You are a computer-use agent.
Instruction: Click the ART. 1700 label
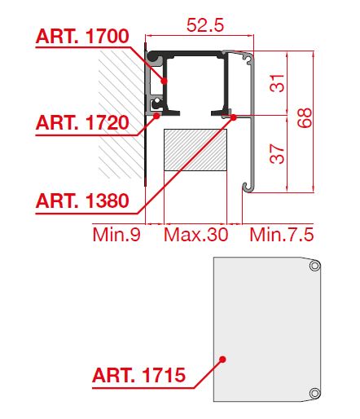(x=82, y=36)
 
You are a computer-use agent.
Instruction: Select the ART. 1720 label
(x=82, y=122)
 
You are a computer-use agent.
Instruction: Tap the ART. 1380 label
(x=82, y=201)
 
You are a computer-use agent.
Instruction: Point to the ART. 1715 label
(x=138, y=375)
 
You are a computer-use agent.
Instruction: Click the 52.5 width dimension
(x=205, y=25)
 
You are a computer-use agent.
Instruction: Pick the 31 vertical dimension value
(x=277, y=83)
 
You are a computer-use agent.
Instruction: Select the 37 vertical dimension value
(x=277, y=154)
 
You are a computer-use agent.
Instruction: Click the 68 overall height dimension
(x=305, y=117)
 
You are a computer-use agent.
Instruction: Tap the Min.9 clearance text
(x=116, y=234)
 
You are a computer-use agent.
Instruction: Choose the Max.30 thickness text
(x=195, y=234)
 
